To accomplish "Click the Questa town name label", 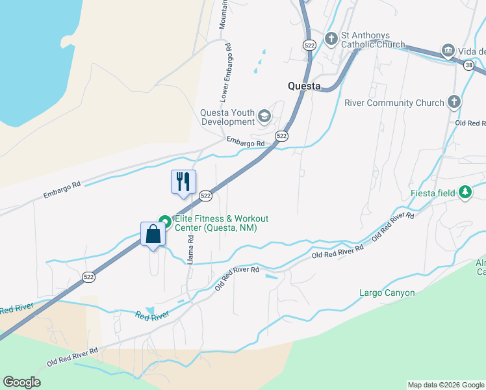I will (x=304, y=86).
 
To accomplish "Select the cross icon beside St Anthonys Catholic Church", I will (x=331, y=39).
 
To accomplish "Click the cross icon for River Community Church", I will (x=454, y=102).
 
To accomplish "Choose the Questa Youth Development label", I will (x=227, y=116).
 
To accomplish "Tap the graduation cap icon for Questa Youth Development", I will (x=264, y=116).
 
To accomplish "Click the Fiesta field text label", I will (x=433, y=193).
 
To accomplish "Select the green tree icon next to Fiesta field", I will (x=465, y=192).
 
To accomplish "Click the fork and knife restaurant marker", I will (x=183, y=182).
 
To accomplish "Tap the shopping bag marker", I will (x=153, y=234).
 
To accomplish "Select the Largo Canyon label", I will (x=387, y=292).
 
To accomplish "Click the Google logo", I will (x=21, y=382).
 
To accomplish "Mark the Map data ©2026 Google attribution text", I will (x=445, y=385).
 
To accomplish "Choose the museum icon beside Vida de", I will (x=448, y=51).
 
